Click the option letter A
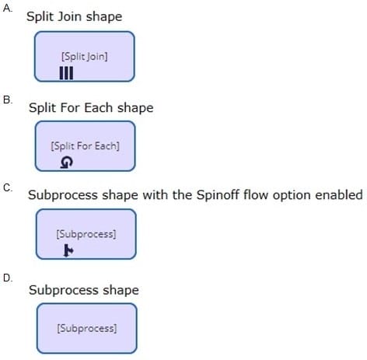pyautogui.click(x=7, y=8)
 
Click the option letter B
pyautogui.click(x=8, y=100)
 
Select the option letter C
pyautogui.click(x=8, y=187)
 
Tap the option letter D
pyautogui.click(x=8, y=278)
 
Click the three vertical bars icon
pyautogui.click(x=66, y=73)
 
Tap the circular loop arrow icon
pyautogui.click(x=66, y=163)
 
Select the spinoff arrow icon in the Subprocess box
pyautogui.click(x=68, y=250)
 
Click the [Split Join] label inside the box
pyautogui.click(x=85, y=57)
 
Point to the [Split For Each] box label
pyautogui.click(x=86, y=146)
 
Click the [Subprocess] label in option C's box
pyautogui.click(x=86, y=234)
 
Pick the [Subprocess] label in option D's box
pyautogui.click(x=87, y=328)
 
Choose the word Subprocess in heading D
pyautogui.click(x=64, y=290)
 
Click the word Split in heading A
pyautogui.click(x=40, y=17)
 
